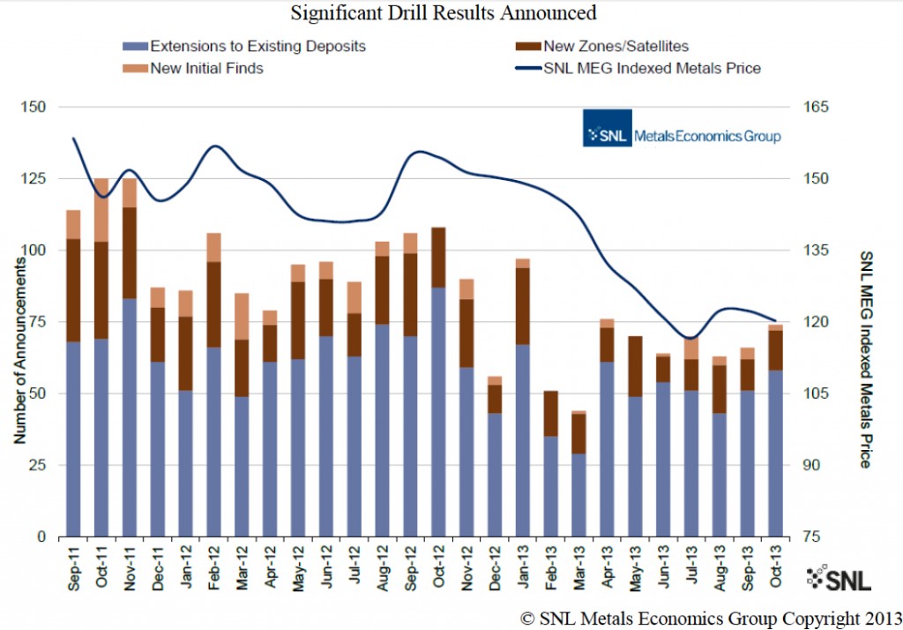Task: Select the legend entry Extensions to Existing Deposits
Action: pos(257,46)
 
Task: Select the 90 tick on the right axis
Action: pos(812,465)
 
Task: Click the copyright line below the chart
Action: pos(710,618)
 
